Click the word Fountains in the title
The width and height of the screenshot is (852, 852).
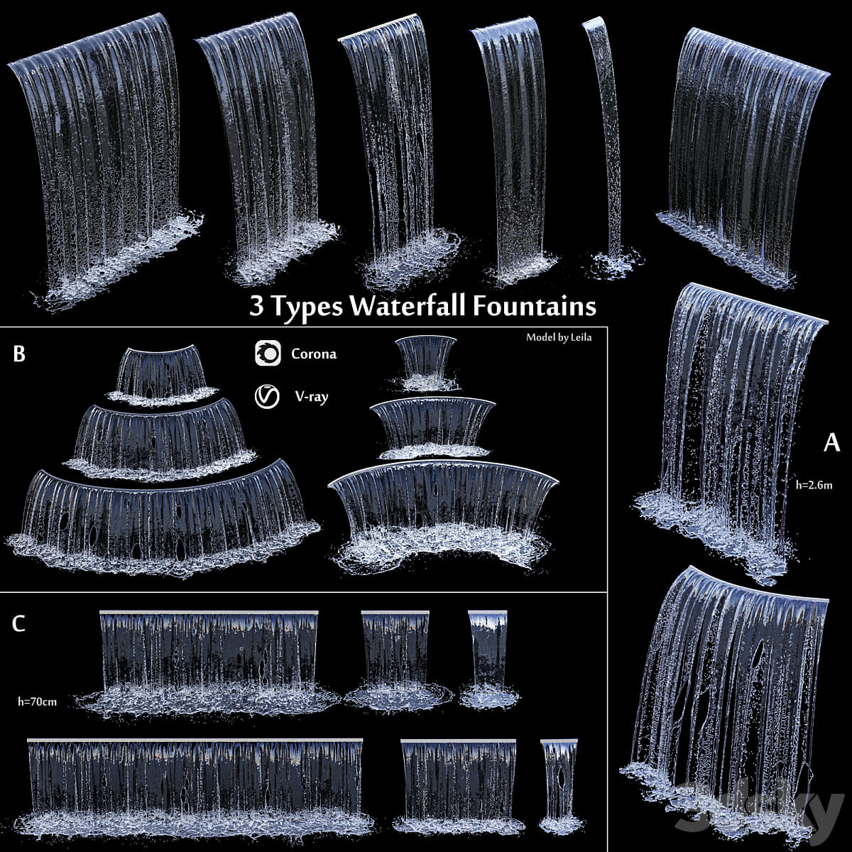click(x=535, y=306)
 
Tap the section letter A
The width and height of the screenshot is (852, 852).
click(x=831, y=442)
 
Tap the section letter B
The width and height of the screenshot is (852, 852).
click(x=19, y=354)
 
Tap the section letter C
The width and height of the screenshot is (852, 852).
click(x=18, y=623)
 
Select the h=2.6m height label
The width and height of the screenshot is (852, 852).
click(x=814, y=485)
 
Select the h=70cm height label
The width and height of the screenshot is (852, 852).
click(x=37, y=701)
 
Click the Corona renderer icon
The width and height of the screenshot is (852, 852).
click(x=268, y=353)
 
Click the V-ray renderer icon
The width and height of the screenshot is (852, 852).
click(x=267, y=396)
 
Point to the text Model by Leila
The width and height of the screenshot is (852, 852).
click(x=559, y=337)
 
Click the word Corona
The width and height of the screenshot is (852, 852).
click(x=314, y=354)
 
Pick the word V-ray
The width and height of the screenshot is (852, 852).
click(x=312, y=397)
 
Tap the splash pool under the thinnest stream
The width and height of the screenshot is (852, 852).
click(x=617, y=266)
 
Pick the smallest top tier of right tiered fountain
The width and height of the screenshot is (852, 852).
click(x=426, y=363)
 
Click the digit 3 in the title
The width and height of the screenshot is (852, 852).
click(x=256, y=306)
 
